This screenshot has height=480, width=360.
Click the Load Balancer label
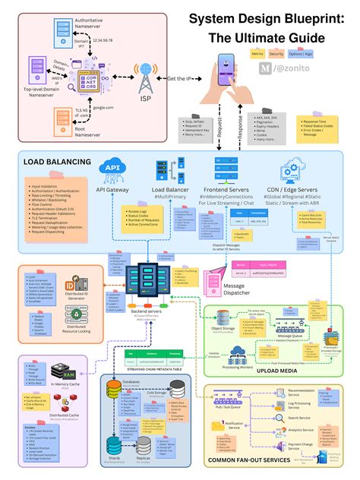click(x=170, y=189)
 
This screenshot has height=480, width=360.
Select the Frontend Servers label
click(x=229, y=189)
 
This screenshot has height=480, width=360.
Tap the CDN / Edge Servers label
click(x=292, y=189)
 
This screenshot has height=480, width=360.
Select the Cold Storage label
click(x=179, y=393)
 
